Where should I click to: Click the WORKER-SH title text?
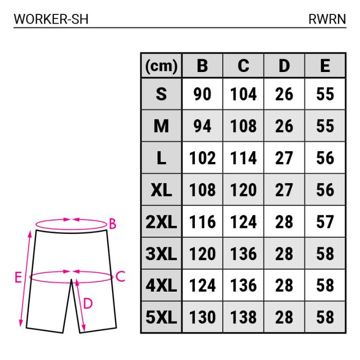pos(51,19)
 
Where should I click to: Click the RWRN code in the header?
pos(327,19)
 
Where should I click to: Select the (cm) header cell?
pos(161,66)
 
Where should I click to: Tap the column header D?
pos(284,66)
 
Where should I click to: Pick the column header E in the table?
pos(325,66)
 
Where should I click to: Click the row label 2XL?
pos(161,222)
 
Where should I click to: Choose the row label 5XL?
pos(161,317)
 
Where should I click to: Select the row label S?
pos(161,95)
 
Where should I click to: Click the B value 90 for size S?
pos(202,95)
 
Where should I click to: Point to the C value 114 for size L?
pos(243,158)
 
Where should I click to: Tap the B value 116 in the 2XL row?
pos(202,222)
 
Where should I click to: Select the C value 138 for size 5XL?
pos(243,317)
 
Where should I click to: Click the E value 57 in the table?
pos(325,222)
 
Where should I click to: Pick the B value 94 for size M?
pos(202,127)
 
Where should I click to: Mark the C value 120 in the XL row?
pos(243,190)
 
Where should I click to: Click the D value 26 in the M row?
pos(284,127)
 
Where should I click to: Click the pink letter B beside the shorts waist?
pos(113,224)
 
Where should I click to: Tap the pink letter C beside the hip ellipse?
pos(120,277)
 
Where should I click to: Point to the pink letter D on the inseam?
pos(87,304)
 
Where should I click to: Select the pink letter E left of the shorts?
pos(18,278)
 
